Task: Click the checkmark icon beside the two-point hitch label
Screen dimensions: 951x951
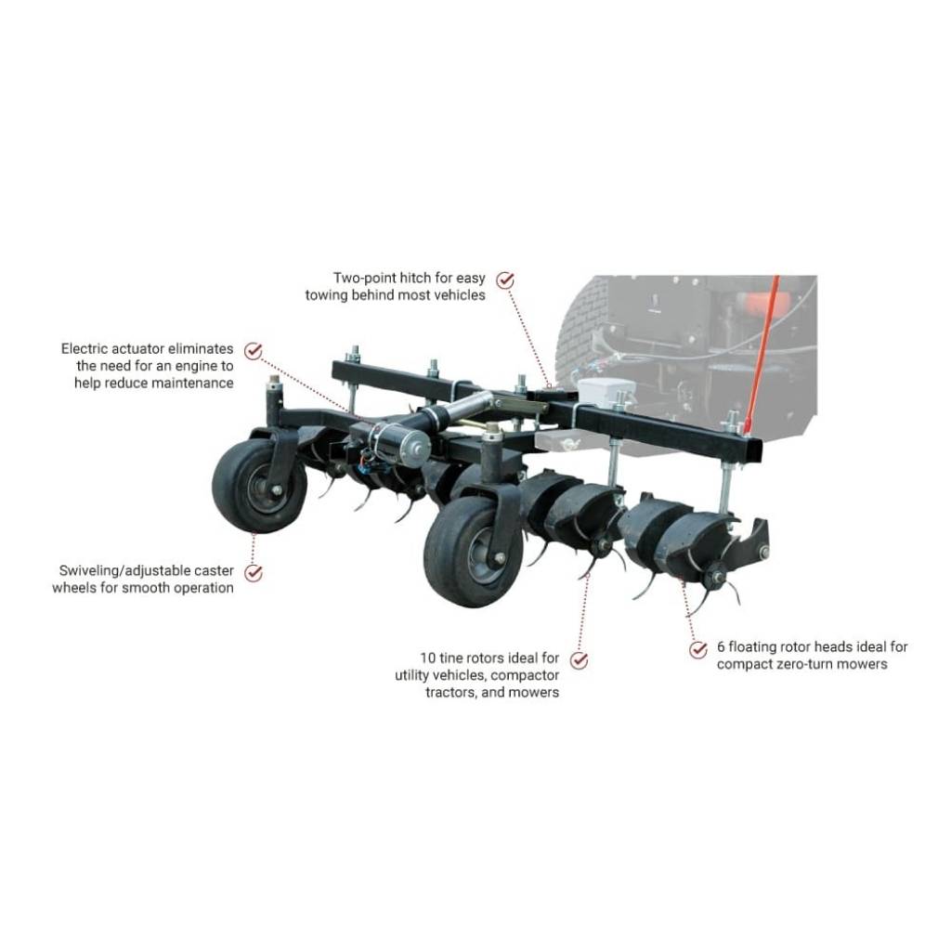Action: click(505, 279)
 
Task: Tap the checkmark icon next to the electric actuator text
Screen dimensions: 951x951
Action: click(253, 350)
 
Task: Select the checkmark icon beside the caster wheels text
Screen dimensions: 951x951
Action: click(253, 572)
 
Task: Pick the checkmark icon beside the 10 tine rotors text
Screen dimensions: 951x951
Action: click(580, 660)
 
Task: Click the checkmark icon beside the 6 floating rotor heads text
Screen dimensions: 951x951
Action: click(698, 649)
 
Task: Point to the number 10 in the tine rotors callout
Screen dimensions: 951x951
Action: click(428, 658)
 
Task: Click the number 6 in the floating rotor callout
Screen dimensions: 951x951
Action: click(720, 647)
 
